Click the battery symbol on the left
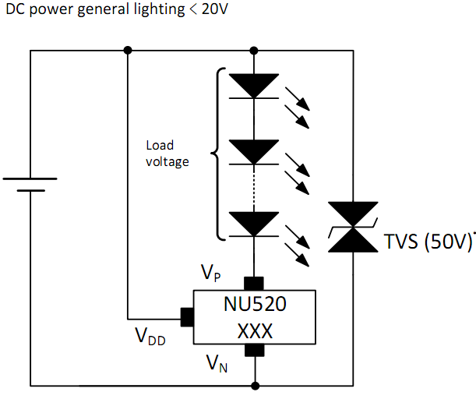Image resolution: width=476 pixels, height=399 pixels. pyautogui.click(x=30, y=185)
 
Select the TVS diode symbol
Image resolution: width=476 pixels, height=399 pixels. pyautogui.click(x=353, y=227)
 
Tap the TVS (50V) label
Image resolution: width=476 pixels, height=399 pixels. pyautogui.click(x=428, y=242)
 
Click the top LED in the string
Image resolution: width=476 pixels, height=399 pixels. pyautogui.click(x=254, y=87)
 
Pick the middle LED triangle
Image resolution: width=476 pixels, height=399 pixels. pyautogui.click(x=254, y=152)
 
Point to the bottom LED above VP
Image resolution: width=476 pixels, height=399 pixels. pyautogui.click(x=254, y=224)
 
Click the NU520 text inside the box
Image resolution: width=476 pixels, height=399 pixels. pyautogui.click(x=255, y=304)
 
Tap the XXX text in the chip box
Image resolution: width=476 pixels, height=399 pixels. pyautogui.click(x=255, y=331)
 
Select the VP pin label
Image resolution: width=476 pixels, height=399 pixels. pyautogui.click(x=210, y=273)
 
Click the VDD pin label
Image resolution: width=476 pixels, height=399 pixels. pyautogui.click(x=150, y=337)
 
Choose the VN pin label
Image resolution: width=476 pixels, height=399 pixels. pyautogui.click(x=217, y=363)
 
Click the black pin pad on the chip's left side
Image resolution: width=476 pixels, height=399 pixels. pyautogui.click(x=187, y=317)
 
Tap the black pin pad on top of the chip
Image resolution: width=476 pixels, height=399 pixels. pyautogui.click(x=254, y=284)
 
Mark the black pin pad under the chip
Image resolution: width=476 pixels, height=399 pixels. pyautogui.click(x=255, y=350)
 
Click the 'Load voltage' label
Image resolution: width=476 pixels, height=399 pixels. pyautogui.click(x=167, y=154)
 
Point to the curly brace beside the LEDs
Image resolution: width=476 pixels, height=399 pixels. pyautogui.click(x=218, y=154)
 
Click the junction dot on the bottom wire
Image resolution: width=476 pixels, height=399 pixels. pyautogui.click(x=256, y=386)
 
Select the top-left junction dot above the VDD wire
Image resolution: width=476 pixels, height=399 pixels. pyautogui.click(x=128, y=50)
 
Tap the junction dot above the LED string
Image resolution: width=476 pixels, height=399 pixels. pyautogui.click(x=254, y=51)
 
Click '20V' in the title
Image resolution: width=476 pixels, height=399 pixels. pyautogui.click(x=214, y=9)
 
